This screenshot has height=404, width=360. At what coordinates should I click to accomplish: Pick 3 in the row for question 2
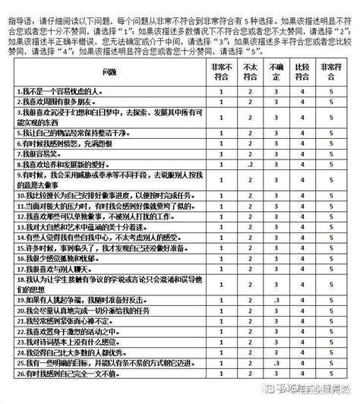coord(277,102)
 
